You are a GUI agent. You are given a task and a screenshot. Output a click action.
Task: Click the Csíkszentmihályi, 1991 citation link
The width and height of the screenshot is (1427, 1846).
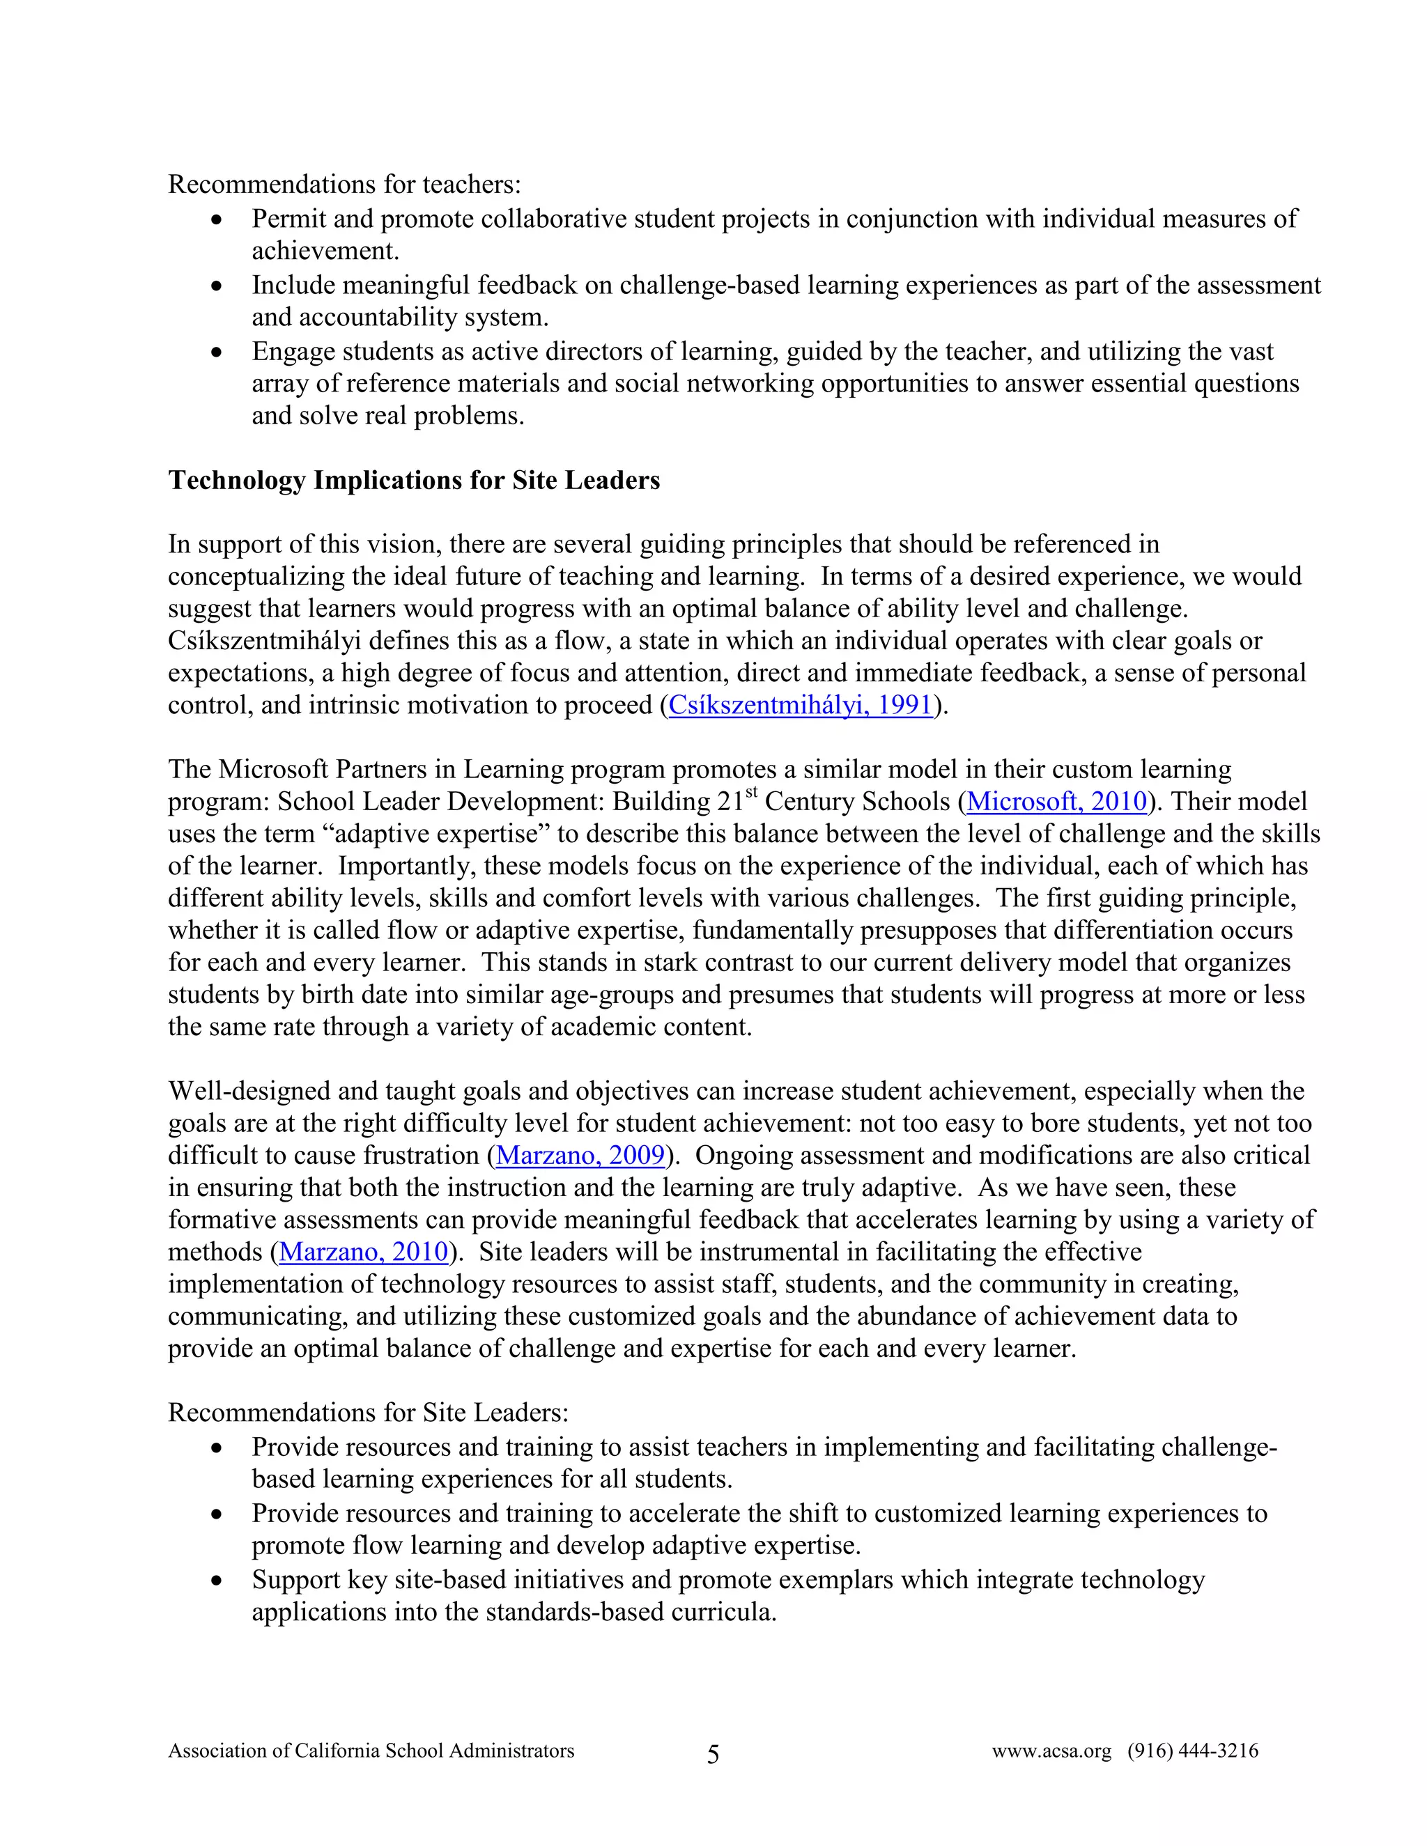coord(800,705)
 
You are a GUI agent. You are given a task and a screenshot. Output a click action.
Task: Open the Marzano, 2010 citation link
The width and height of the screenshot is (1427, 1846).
coord(364,1251)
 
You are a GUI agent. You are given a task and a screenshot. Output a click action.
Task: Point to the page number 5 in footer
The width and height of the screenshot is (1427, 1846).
coord(713,1755)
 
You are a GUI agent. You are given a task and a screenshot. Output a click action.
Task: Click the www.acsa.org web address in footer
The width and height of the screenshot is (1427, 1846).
coord(1051,1751)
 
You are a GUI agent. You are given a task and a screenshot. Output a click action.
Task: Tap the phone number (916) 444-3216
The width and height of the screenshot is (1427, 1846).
coord(1192,1751)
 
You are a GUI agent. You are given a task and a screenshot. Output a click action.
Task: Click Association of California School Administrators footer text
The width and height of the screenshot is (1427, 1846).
coord(371,1751)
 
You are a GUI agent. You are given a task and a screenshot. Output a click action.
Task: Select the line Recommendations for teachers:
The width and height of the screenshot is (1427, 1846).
coord(344,185)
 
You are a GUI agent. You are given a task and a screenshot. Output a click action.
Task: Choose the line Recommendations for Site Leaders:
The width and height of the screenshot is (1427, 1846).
coord(368,1413)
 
